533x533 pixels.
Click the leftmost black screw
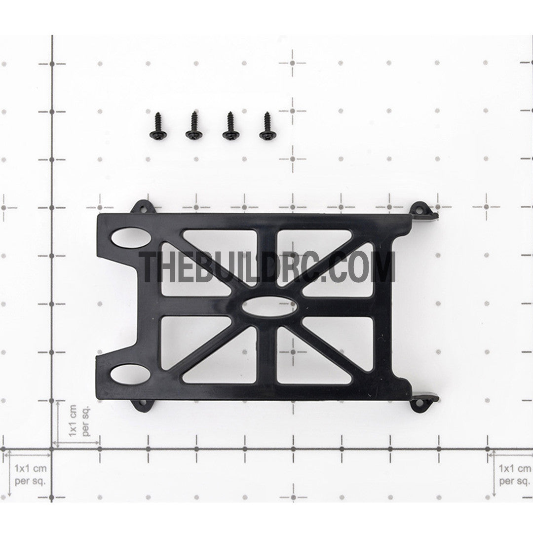pos(157,125)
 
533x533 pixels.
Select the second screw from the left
pos(194,125)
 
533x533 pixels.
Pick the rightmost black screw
pos(267,125)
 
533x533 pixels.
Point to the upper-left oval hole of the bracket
pos(130,237)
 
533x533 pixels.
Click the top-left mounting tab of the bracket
pos(144,207)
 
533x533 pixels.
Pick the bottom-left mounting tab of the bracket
pos(143,405)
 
